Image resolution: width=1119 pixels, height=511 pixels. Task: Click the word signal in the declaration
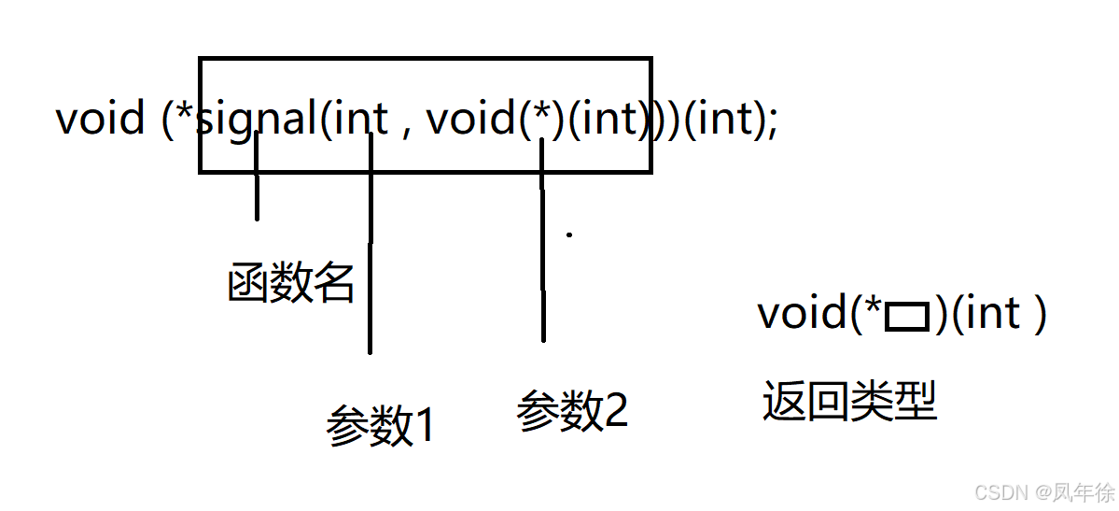258,120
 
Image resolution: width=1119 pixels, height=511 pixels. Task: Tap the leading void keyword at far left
100,120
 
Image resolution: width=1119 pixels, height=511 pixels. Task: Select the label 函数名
291,282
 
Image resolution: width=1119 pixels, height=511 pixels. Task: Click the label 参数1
381,426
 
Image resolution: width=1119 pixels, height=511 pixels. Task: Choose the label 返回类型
848,402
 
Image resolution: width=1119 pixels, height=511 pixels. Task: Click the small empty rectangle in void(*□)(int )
906,319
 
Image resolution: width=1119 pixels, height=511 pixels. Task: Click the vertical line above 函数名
257,177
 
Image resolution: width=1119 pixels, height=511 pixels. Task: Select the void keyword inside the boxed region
469,120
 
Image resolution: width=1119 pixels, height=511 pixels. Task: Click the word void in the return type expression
801,313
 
